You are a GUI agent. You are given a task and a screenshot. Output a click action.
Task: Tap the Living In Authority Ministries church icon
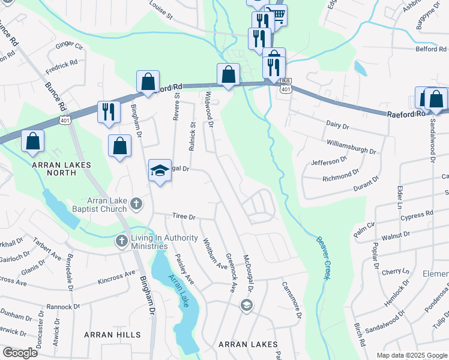(x=121, y=241)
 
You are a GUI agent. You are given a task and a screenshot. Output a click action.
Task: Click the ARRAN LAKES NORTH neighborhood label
(x=62, y=168)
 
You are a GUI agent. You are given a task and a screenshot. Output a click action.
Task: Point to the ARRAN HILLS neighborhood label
(x=113, y=334)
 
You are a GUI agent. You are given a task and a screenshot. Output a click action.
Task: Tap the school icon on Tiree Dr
(x=160, y=172)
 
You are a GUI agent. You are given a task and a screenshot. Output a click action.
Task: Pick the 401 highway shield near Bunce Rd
(x=63, y=121)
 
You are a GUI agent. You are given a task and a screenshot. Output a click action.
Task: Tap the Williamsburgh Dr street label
(x=351, y=147)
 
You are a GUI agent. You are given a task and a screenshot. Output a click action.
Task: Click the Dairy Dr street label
(x=337, y=126)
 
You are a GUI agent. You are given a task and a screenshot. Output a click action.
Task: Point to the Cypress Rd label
(x=418, y=214)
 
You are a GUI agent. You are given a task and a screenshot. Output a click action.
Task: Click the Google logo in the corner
(x=20, y=353)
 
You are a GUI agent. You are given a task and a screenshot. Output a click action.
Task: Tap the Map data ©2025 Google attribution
(x=411, y=355)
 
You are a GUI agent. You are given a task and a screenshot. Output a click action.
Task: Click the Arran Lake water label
(x=180, y=291)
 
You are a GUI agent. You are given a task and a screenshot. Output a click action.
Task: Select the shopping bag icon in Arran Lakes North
(x=34, y=142)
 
